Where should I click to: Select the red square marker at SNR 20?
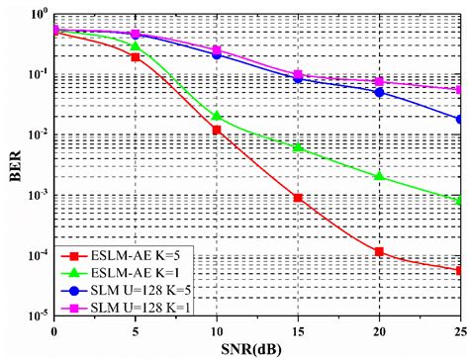pos(380,252)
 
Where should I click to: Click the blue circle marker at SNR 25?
pos(461,119)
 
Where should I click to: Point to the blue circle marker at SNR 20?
pos(380,92)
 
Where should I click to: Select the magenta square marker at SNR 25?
pos(461,89)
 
